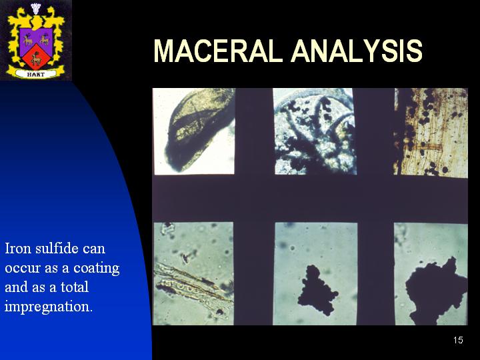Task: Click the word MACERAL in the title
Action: point(217,51)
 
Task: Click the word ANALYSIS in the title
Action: point(357,51)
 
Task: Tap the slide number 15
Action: point(458,340)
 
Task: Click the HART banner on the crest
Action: point(36,74)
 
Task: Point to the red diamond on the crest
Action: point(36,57)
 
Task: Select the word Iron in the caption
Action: point(18,248)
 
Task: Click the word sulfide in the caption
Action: point(55,248)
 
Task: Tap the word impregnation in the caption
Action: point(49,307)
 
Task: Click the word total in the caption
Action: point(75,287)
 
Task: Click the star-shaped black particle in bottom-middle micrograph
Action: point(317,290)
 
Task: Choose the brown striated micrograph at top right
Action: point(431,133)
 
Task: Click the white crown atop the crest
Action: point(36,8)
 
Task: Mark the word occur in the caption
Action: point(23,269)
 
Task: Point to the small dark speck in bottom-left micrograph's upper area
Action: point(186,258)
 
